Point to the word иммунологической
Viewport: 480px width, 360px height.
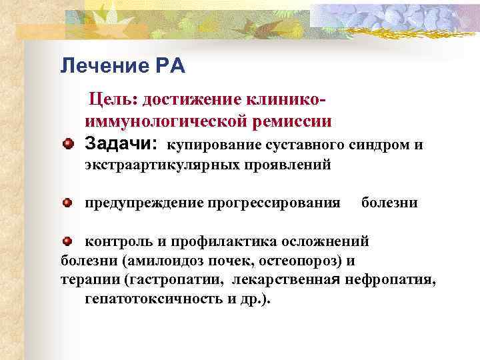pos(165,121)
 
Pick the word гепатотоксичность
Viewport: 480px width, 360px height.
pos(154,299)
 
